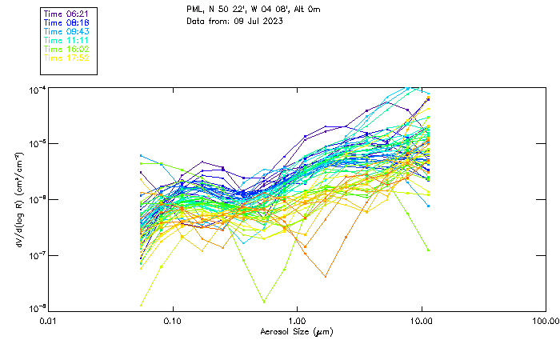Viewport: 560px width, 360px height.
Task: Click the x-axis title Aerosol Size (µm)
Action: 296,331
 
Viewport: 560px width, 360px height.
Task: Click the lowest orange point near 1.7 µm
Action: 326,277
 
